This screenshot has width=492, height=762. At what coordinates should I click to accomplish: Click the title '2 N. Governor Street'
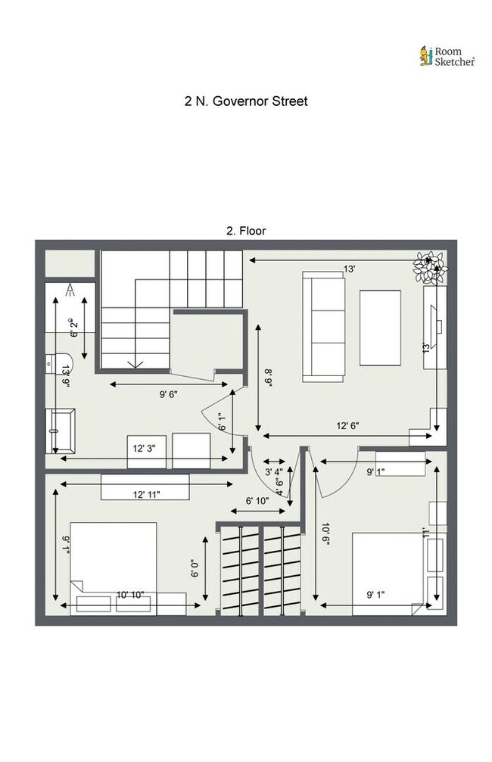pyautogui.click(x=246, y=101)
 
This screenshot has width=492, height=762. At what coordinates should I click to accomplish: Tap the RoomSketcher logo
pyautogui.click(x=447, y=56)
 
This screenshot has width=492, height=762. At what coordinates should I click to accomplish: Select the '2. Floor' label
pyautogui.click(x=246, y=230)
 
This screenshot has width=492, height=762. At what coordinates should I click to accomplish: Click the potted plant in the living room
pyautogui.click(x=428, y=266)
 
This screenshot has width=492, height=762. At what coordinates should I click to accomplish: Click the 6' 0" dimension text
pyautogui.click(x=195, y=568)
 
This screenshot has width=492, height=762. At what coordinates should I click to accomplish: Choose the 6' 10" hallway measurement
pyautogui.click(x=257, y=500)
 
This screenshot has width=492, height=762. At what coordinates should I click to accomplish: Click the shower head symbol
pyautogui.click(x=70, y=288)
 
